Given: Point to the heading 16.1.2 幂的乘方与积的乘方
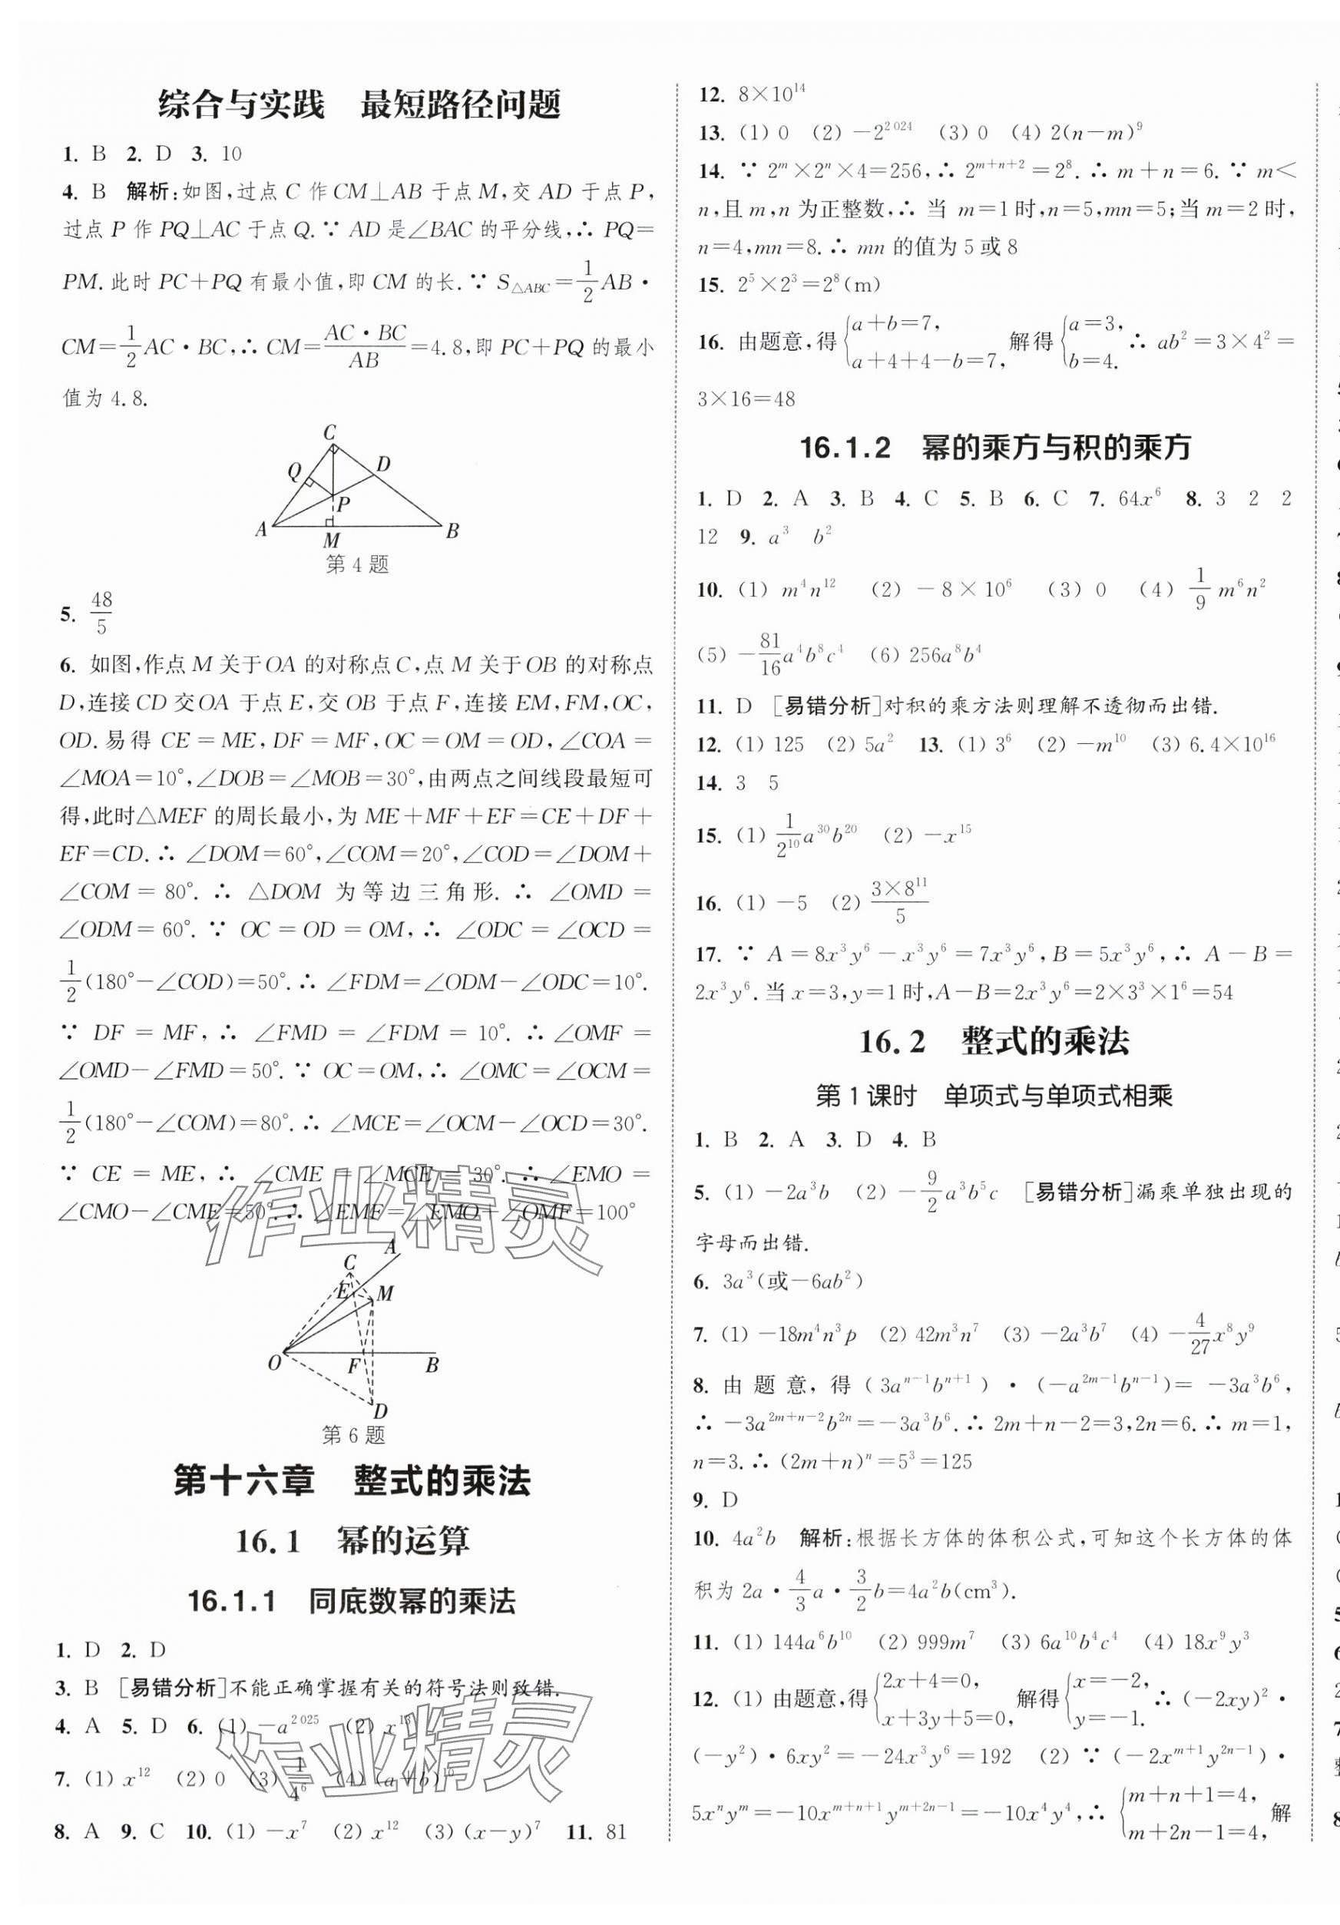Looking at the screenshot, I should coord(995,448).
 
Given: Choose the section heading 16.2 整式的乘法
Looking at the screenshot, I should coord(994,1042).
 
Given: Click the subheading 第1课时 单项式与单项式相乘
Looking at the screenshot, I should coord(994,1096).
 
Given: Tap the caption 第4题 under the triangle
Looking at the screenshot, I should coord(357,564).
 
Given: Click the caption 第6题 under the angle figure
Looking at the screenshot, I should coord(353,1435).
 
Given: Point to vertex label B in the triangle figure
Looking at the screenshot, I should coord(452,530).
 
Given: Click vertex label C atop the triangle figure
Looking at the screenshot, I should coord(329,432).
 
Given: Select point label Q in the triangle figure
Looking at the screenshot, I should coord(294,471).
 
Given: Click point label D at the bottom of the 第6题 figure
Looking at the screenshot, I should coord(381,1411).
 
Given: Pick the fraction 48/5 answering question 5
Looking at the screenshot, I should coord(101,613).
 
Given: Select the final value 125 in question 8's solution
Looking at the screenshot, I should coord(955,1461).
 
